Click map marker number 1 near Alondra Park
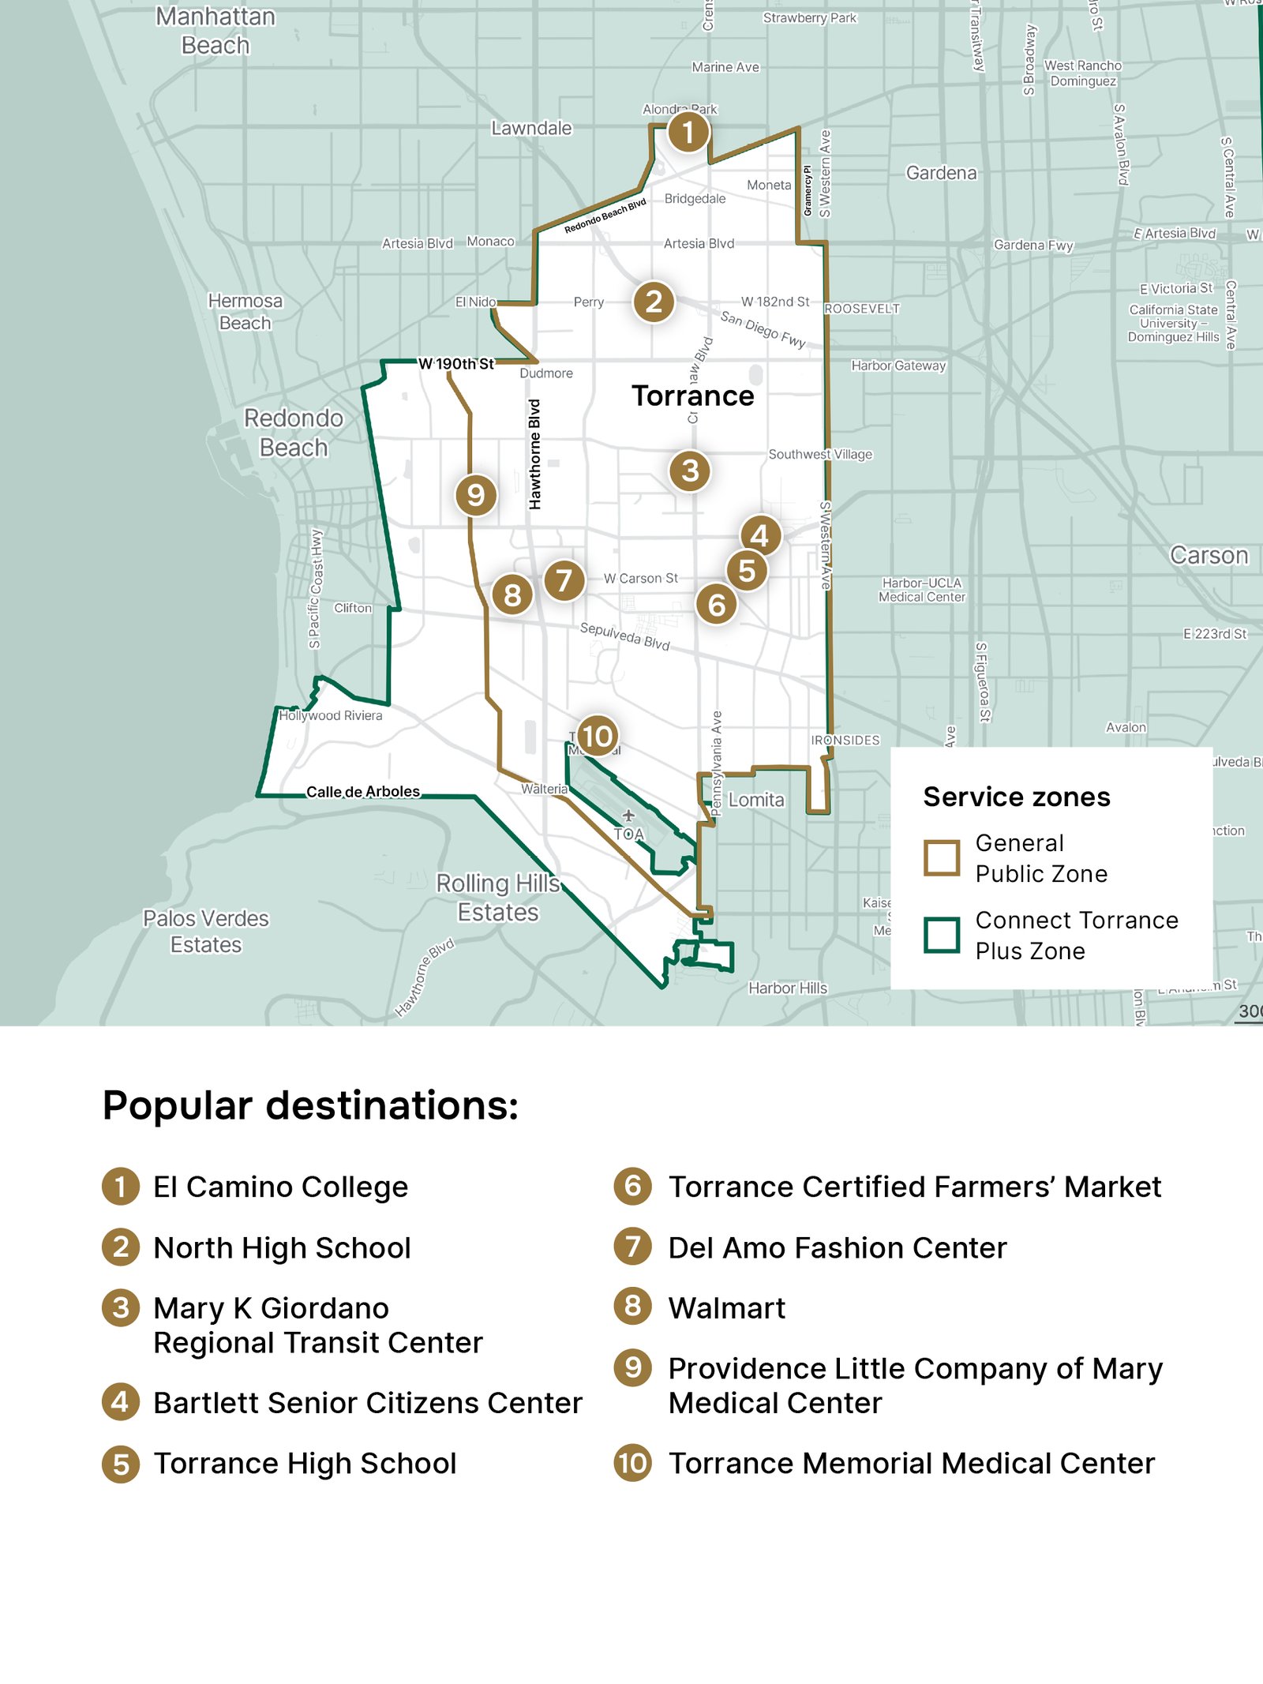coord(688,132)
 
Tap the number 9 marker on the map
coord(475,495)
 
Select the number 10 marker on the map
coord(597,736)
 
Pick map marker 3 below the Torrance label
coord(690,471)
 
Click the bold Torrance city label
coord(692,396)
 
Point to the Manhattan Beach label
coord(215,31)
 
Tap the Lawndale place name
coord(531,128)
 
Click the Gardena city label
coord(941,173)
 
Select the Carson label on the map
coord(1209,556)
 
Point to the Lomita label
coord(756,800)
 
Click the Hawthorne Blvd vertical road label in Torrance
coord(535,454)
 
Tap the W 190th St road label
coord(455,364)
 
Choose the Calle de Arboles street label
coord(363,792)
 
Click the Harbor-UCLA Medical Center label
coord(922,590)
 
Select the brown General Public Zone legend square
coord(942,857)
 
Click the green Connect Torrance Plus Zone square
coord(942,936)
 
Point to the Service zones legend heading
coord(1016,797)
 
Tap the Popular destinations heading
coord(310,1105)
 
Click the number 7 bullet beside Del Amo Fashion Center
coord(632,1247)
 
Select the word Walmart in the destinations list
coord(726,1308)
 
